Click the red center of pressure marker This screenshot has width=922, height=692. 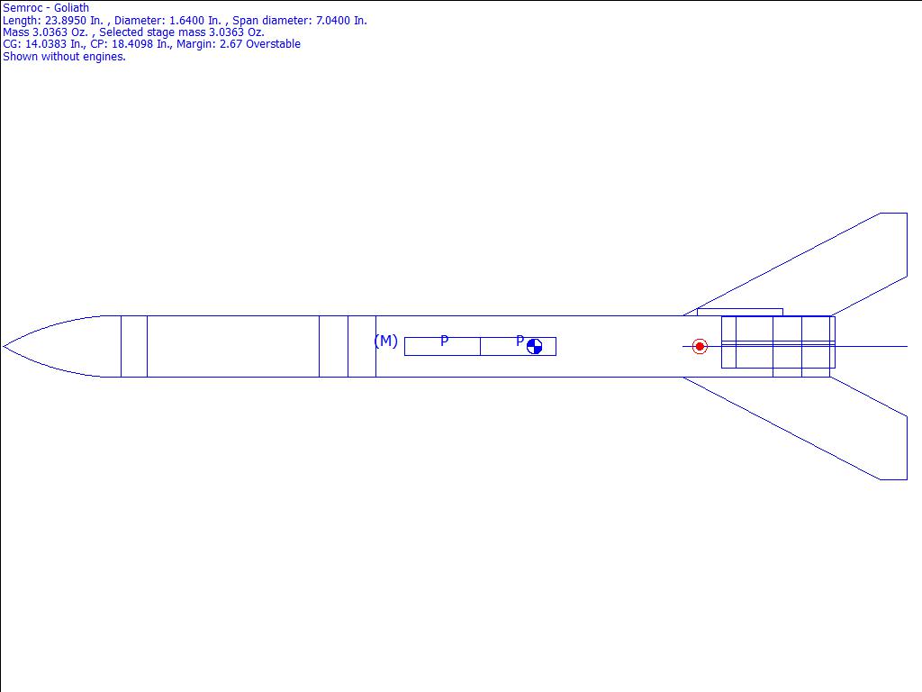[x=699, y=347]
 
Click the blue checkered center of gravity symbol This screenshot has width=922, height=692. [x=534, y=347]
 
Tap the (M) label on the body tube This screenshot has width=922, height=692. [x=385, y=341]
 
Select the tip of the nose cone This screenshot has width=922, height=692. [x=4, y=347]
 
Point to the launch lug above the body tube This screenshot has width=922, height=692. [x=740, y=312]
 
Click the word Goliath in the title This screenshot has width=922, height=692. [x=71, y=8]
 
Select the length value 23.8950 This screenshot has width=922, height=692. [x=65, y=21]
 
